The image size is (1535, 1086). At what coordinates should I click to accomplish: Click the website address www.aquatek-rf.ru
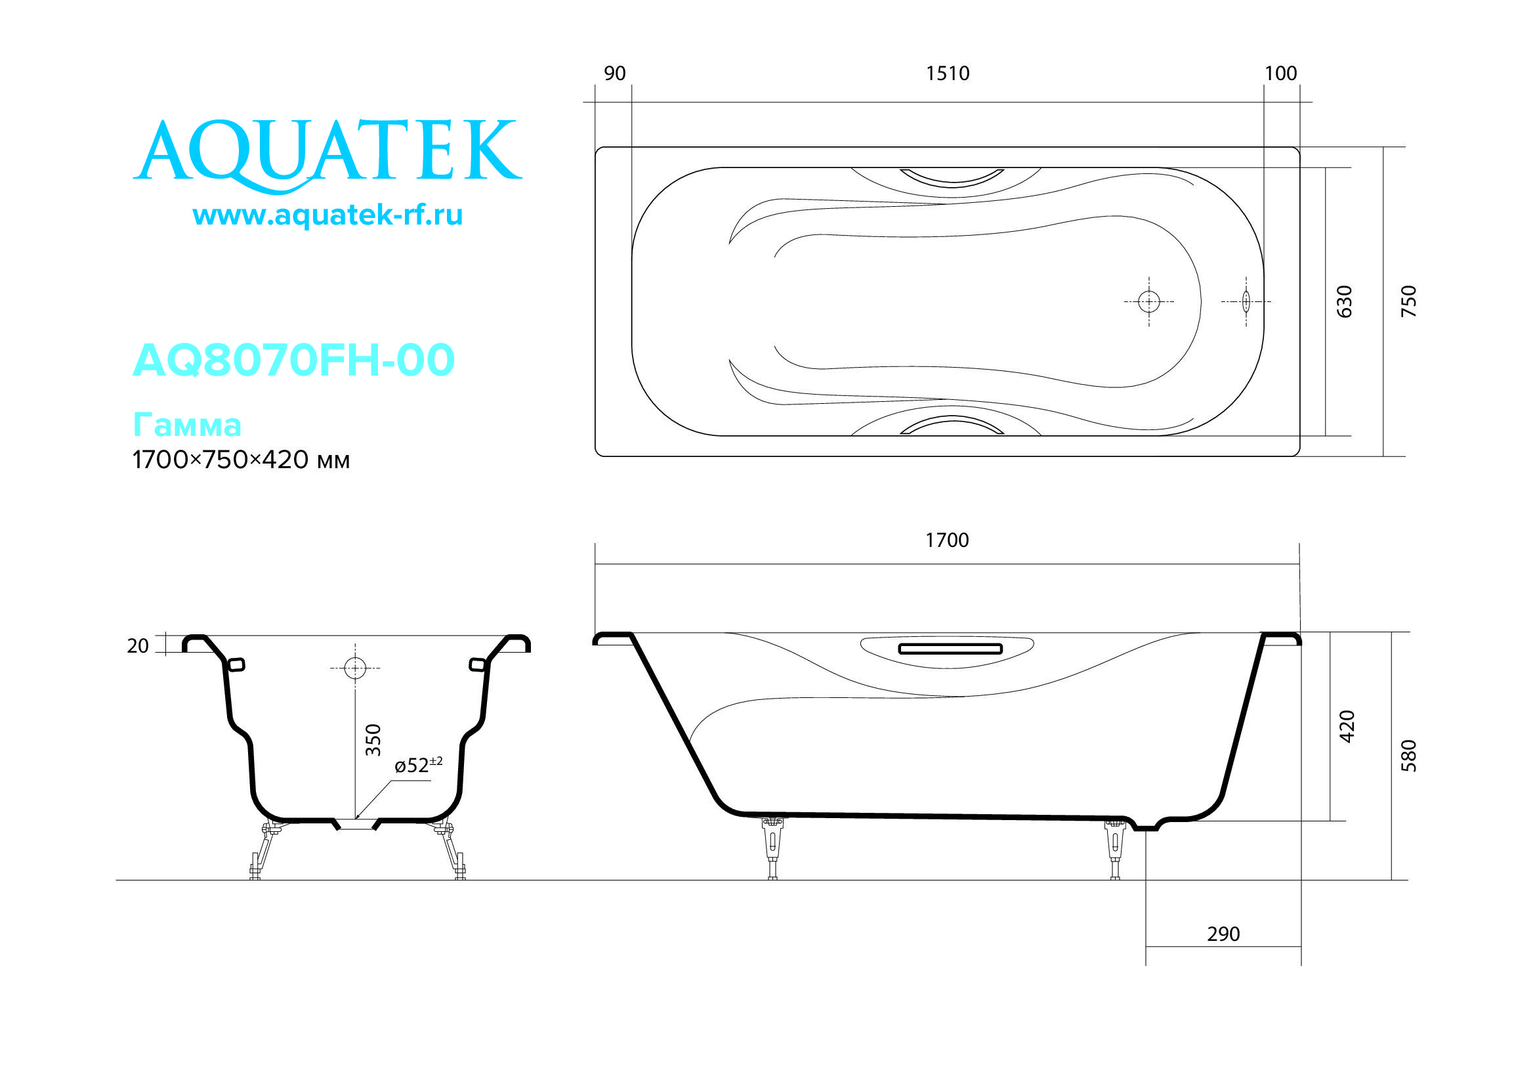[x=327, y=215]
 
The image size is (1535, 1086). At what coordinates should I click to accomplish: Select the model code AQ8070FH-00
[x=293, y=360]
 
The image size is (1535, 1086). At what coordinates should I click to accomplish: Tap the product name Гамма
[x=187, y=425]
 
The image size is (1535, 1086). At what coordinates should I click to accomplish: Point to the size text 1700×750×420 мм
[x=241, y=460]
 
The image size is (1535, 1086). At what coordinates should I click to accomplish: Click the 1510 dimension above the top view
[x=948, y=74]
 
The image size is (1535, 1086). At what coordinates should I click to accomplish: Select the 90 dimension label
[x=614, y=74]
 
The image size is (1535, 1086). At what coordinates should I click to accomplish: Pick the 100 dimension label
[x=1280, y=74]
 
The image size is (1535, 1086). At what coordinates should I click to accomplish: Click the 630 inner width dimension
[x=1344, y=301]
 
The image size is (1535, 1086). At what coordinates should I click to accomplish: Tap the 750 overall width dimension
[x=1408, y=301]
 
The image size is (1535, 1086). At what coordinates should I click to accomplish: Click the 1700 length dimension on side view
[x=947, y=540]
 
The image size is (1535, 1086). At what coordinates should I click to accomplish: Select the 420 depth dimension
[x=1347, y=726]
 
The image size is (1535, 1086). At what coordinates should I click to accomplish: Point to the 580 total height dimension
[x=1408, y=756]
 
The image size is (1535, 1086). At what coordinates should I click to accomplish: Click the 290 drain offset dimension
[x=1223, y=934]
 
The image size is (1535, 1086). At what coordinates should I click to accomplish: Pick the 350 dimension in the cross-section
[x=373, y=739]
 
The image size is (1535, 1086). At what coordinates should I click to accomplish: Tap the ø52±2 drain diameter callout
[x=418, y=764]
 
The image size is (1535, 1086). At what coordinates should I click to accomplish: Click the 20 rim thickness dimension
[x=138, y=646]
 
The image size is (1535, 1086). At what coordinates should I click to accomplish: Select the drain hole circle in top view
[x=1148, y=301]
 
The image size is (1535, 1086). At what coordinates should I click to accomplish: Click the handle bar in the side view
[x=950, y=649]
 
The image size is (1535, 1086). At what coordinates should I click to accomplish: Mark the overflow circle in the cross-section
[x=355, y=668]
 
